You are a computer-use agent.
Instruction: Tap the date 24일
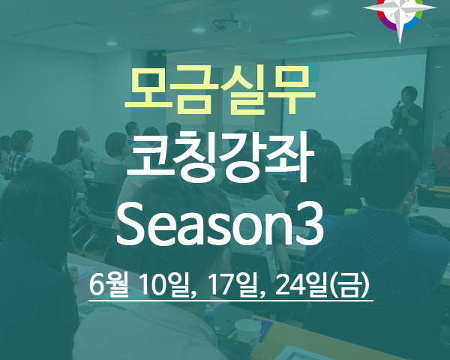(302, 285)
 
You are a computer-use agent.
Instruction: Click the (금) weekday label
(349, 285)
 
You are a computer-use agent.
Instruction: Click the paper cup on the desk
(248, 332)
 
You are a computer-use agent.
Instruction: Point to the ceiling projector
(226, 23)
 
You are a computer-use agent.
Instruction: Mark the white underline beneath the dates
(231, 301)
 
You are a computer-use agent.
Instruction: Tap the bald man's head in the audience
(82, 134)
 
